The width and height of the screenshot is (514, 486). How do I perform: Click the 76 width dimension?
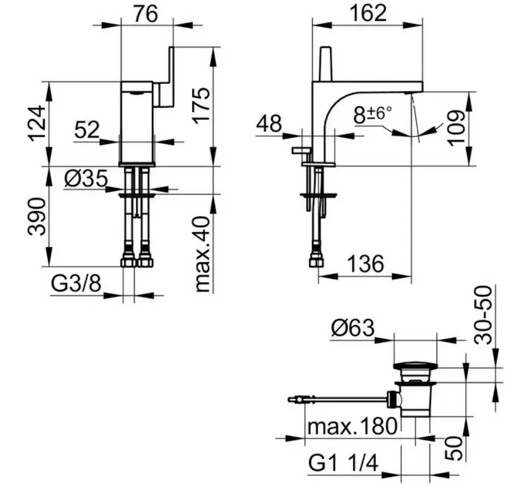click(x=146, y=14)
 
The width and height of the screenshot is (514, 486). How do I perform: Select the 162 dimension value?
click(x=368, y=13)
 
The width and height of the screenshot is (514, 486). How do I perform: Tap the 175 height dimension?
click(x=201, y=106)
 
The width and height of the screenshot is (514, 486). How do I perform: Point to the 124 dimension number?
click(x=36, y=123)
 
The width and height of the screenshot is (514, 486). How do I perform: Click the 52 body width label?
click(x=87, y=130)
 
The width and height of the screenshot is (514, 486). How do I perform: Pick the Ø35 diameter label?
click(x=86, y=179)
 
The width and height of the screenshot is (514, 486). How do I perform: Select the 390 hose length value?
click(x=36, y=217)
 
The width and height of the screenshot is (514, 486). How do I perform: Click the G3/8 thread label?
click(x=76, y=283)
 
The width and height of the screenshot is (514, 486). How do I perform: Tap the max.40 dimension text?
click(x=202, y=254)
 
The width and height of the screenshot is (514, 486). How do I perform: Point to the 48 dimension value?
click(x=269, y=124)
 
